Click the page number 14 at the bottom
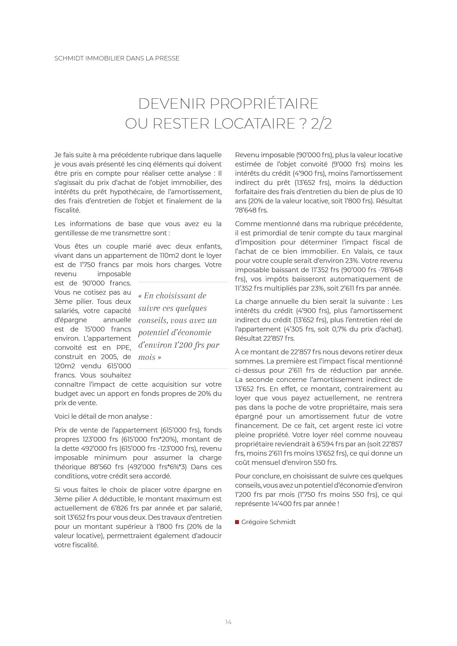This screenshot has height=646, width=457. pyautogui.click(x=228, y=622)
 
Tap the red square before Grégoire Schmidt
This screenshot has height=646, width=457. pyautogui.click(x=237, y=522)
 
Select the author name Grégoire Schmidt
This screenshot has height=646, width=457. pyautogui.click(x=268, y=522)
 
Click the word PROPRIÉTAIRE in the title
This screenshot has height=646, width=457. pyautogui.click(x=264, y=104)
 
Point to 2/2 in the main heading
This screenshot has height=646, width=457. pyautogui.click(x=321, y=124)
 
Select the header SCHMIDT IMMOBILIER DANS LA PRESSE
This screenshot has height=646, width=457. pyautogui.click(x=117, y=58)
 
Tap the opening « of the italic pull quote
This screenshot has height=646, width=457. pyautogui.click(x=140, y=296)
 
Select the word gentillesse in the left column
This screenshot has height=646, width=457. pyautogui.click(x=71, y=233)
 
